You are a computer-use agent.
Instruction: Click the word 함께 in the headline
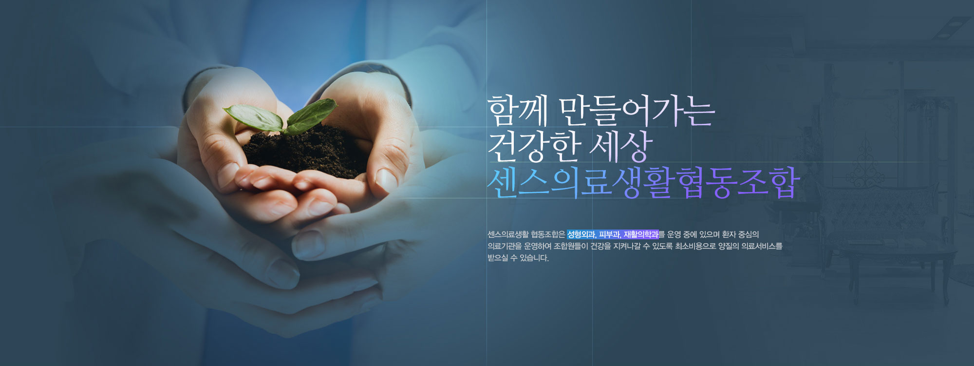click(x=518, y=112)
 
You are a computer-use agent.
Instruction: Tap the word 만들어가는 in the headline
click(x=637, y=112)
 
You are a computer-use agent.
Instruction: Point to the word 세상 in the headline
click(x=621, y=147)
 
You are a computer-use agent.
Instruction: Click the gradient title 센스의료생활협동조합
click(x=643, y=183)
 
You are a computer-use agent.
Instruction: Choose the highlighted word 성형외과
click(x=581, y=234)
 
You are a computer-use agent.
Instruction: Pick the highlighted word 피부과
click(x=609, y=234)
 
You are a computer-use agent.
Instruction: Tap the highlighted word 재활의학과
click(x=641, y=234)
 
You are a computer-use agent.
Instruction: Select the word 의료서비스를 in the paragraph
click(x=762, y=246)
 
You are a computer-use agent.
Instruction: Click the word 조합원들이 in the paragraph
click(x=571, y=246)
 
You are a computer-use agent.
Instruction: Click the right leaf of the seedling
click(x=312, y=115)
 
